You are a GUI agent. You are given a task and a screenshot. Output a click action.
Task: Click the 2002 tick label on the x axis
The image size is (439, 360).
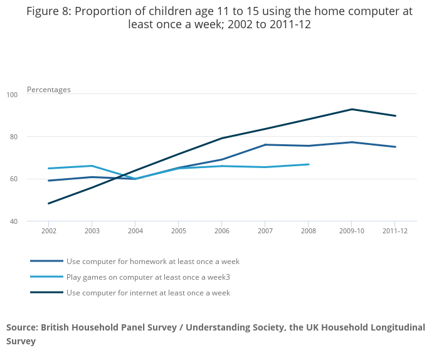click(x=49, y=231)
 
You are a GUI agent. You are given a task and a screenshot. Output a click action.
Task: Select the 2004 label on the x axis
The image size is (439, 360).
click(x=135, y=231)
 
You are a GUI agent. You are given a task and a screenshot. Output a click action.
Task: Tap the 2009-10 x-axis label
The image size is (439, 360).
click(x=352, y=231)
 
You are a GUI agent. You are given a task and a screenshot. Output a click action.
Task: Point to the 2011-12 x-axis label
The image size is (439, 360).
click(x=395, y=231)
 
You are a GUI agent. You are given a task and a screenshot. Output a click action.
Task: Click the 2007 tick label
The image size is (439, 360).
click(x=265, y=231)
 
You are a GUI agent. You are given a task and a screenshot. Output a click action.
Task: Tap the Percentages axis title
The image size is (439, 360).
click(x=49, y=90)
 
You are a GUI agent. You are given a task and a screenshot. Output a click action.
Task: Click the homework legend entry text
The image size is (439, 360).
click(x=153, y=262)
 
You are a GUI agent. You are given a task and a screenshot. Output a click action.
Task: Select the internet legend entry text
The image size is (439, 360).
click(x=148, y=293)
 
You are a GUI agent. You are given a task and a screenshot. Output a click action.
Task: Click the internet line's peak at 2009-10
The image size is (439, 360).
click(x=352, y=109)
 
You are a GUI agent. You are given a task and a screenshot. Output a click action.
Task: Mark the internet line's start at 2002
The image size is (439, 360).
click(x=49, y=203)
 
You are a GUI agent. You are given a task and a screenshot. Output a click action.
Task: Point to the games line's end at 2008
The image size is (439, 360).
click(x=309, y=164)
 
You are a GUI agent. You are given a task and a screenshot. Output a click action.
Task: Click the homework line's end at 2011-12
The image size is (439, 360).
click(x=395, y=147)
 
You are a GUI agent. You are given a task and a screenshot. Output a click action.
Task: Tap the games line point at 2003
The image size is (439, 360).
click(x=92, y=166)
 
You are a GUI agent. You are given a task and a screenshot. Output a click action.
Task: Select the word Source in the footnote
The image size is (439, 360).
click(x=22, y=327)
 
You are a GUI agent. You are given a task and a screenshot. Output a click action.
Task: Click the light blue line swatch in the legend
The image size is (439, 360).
click(x=46, y=277)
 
